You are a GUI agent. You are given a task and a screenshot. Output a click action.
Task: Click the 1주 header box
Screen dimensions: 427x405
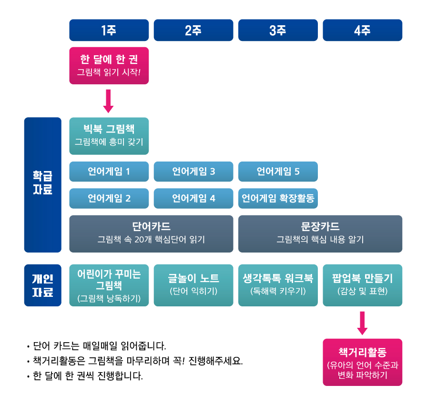(x=109, y=30)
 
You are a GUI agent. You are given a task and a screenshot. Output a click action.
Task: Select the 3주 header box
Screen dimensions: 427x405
(x=278, y=30)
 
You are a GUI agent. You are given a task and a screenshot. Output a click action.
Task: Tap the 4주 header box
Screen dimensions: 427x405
(x=363, y=30)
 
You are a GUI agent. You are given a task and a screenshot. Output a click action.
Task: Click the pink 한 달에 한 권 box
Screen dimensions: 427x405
(x=109, y=66)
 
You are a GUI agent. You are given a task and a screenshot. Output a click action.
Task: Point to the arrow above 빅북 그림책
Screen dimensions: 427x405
(x=108, y=101)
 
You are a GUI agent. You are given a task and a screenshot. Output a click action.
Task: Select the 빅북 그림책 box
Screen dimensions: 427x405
(x=109, y=136)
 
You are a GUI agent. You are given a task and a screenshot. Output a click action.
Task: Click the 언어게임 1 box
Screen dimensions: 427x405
(x=109, y=172)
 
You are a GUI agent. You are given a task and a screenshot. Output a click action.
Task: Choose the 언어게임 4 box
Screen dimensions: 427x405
(x=193, y=198)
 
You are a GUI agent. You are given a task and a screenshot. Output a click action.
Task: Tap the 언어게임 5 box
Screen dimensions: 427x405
(x=278, y=172)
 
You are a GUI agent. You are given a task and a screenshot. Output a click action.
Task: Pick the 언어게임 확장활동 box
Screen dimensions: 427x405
(x=278, y=198)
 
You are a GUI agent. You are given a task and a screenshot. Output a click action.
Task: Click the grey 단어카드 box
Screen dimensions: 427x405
(x=151, y=234)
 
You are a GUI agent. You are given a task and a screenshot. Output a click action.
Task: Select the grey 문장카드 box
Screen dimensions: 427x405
(x=320, y=234)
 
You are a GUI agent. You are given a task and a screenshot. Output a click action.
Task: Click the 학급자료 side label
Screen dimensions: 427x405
(x=43, y=185)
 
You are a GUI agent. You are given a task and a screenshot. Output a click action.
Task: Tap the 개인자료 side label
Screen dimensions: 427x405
(x=43, y=285)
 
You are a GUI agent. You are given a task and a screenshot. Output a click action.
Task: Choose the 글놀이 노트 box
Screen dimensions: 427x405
(x=193, y=285)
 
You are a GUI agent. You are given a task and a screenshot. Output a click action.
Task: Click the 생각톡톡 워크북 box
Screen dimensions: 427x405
(x=278, y=285)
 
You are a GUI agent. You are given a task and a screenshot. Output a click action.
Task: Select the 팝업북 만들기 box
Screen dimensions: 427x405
(x=363, y=285)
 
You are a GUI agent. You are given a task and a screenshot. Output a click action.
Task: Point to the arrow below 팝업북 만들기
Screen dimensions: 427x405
(x=362, y=323)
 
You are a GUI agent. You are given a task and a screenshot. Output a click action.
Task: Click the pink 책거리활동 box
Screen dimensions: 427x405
(x=363, y=362)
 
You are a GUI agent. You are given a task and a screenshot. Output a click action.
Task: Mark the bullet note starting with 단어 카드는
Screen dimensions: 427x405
(x=97, y=346)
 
